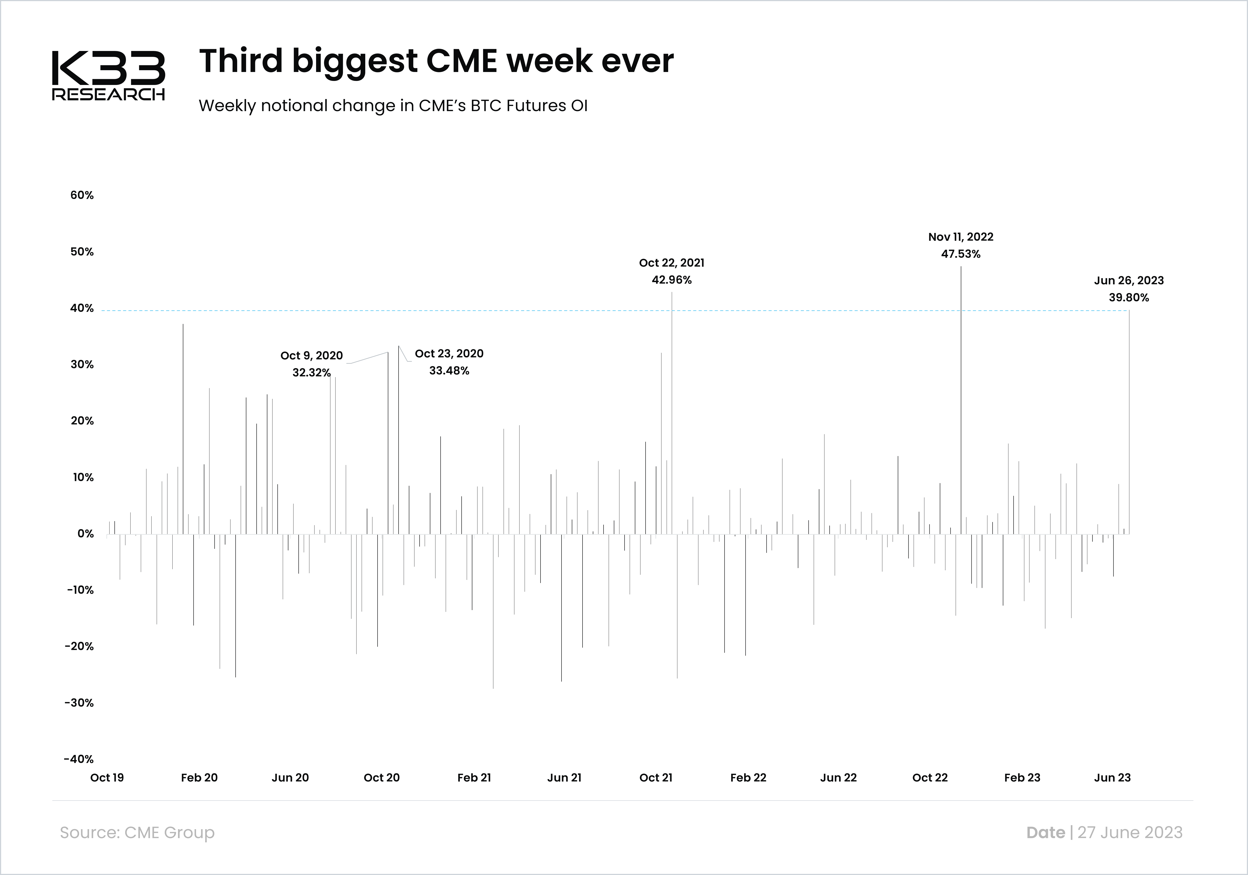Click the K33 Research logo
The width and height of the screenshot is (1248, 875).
108,76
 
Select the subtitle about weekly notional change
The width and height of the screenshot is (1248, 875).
393,106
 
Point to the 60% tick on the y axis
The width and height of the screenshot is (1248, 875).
82,195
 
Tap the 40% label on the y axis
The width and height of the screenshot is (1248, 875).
82,308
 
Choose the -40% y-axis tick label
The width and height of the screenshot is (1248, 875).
79,759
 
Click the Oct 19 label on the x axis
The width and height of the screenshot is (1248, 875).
107,778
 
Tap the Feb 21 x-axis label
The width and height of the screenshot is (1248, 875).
474,778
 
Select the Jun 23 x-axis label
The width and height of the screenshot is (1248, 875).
1112,778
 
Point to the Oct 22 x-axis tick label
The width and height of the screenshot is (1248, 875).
929,778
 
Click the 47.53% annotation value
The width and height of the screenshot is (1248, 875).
961,254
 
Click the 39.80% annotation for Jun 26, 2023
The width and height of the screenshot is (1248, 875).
1129,297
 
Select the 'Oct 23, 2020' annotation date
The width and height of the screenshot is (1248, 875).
449,354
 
